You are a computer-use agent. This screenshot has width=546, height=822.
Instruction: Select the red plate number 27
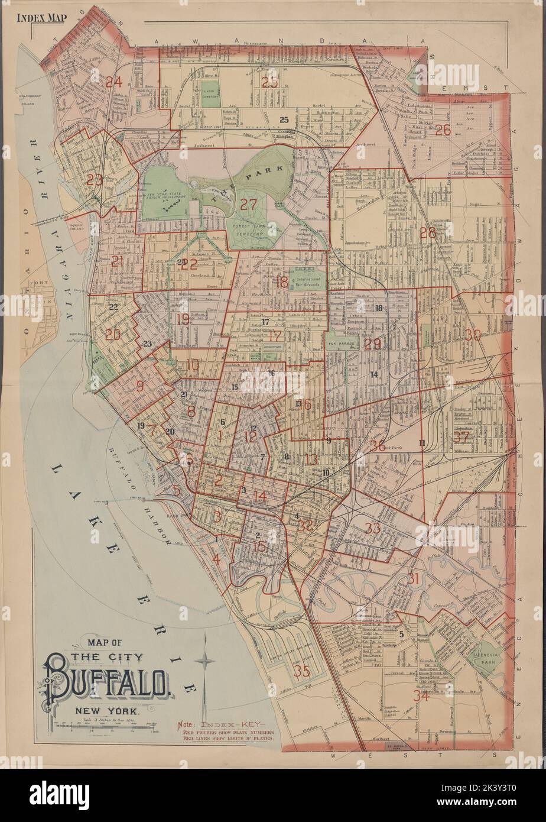click(x=249, y=205)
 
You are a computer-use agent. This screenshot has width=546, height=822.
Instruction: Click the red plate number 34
click(x=421, y=696)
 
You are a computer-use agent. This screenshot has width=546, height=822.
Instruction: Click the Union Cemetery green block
click(x=209, y=95)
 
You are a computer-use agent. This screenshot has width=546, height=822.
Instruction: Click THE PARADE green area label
click(x=341, y=343)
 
